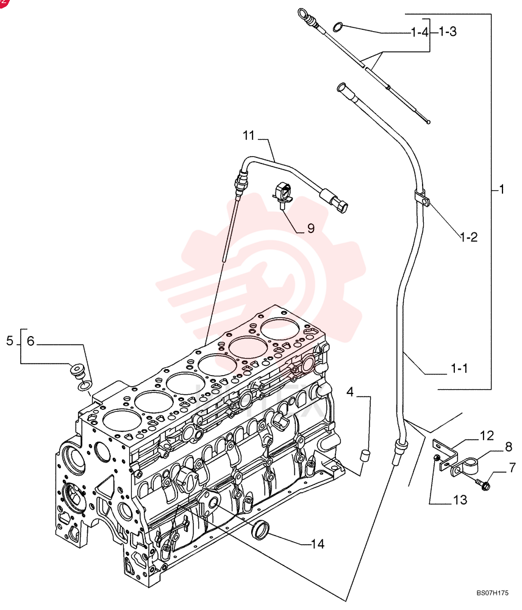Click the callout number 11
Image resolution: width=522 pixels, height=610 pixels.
click(x=248, y=135)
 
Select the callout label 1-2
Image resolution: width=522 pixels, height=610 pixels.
click(x=468, y=237)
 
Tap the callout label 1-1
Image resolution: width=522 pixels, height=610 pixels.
click(x=459, y=368)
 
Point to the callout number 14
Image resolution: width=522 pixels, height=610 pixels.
click(x=317, y=544)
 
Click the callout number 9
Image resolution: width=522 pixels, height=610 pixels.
click(x=310, y=228)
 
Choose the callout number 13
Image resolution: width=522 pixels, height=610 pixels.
click(x=460, y=500)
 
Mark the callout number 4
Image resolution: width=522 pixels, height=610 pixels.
click(x=349, y=392)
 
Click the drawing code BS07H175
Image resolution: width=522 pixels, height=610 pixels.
click(x=493, y=594)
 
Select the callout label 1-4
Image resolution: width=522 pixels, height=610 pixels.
click(x=420, y=32)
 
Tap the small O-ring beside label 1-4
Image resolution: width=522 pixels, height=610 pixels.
click(x=338, y=27)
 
